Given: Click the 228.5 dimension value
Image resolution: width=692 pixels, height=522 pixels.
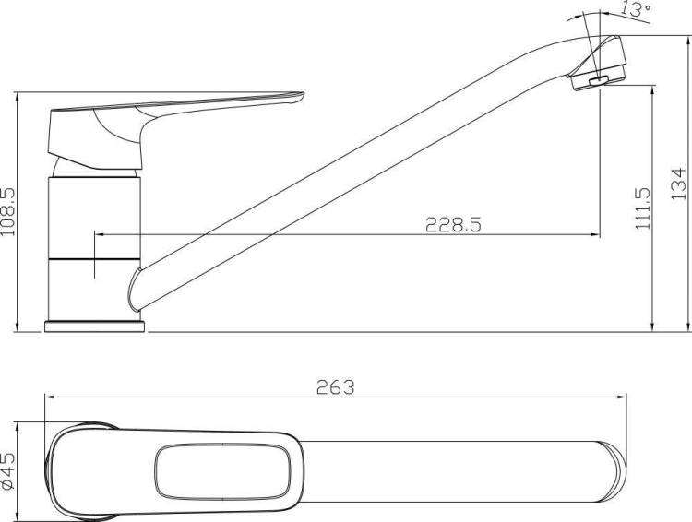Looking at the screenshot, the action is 453,225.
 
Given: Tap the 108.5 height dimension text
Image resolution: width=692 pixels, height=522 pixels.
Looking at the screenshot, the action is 8,212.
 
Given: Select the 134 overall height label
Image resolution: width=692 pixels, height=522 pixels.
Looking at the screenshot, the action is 679,184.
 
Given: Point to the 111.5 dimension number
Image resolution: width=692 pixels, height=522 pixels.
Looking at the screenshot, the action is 644,208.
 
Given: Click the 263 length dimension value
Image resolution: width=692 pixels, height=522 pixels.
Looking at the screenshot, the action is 336,387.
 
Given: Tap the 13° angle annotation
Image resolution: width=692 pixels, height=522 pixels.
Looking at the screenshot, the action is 636,9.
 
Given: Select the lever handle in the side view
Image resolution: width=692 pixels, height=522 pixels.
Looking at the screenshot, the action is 176,128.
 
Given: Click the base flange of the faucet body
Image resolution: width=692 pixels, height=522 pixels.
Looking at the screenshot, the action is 95,326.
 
